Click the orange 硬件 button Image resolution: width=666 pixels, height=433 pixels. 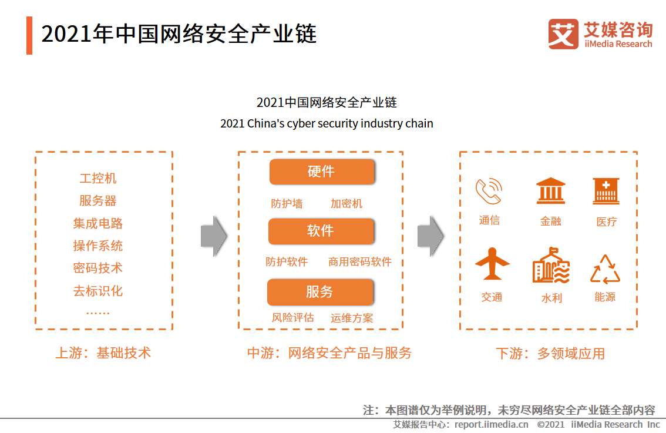pyautogui.click(x=321, y=172)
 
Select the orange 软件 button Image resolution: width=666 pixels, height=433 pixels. pyautogui.click(x=321, y=231)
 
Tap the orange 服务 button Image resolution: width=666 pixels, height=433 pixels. pyautogui.click(x=320, y=292)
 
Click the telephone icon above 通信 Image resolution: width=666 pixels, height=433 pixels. pyautogui.click(x=489, y=191)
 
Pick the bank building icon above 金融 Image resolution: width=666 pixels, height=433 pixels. pyautogui.click(x=551, y=191)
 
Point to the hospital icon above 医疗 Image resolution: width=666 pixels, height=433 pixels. pyautogui.click(x=606, y=192)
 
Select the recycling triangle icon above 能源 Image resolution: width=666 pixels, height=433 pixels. pyautogui.click(x=605, y=270)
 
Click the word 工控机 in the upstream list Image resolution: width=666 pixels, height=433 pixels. pyautogui.click(x=98, y=178)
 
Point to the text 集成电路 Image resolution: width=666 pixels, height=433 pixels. pyautogui.click(x=98, y=223)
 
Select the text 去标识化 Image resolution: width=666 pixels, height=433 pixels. pyautogui.click(x=98, y=291)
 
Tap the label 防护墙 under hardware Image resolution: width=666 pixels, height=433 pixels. pyautogui.click(x=287, y=204)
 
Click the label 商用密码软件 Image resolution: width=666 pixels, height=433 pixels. pyautogui.click(x=360, y=262)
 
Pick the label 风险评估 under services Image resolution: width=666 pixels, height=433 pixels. pyautogui.click(x=292, y=318)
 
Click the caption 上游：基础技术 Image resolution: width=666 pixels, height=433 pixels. pyautogui.click(x=103, y=353)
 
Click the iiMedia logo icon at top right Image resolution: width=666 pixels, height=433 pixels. pyautogui.click(x=563, y=34)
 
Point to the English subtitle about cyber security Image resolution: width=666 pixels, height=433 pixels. pyautogui.click(x=327, y=124)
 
